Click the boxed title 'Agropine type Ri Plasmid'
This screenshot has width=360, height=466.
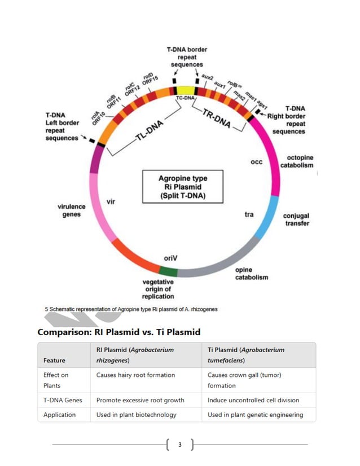pos(183,187)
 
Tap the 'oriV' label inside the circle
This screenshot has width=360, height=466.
pos(171,258)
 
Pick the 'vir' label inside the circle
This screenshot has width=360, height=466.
pos(111,201)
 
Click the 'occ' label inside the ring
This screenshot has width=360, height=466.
pos(256,162)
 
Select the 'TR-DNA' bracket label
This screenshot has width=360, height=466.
pos(217,117)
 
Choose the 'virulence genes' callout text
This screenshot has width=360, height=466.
pos(72,210)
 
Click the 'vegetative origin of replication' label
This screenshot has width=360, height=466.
pos(158,289)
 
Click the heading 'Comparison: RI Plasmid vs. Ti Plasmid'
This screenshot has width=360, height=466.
pos(118,332)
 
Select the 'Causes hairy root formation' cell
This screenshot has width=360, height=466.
pos(135,375)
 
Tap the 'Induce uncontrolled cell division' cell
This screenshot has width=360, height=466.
pos(253,400)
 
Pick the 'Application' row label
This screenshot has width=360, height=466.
pos(59,415)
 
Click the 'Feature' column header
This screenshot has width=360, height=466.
pos(54,360)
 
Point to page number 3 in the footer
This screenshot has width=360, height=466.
pos(180,445)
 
